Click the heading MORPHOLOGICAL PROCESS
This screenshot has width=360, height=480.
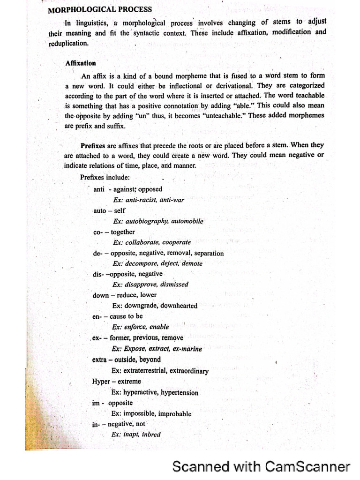(100, 9)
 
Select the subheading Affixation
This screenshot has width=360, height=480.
(81, 63)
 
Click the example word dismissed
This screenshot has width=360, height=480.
(174, 284)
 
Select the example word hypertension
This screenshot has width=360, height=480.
(180, 393)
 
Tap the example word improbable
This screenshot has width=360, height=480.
(175, 414)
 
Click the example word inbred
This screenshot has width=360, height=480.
(151, 435)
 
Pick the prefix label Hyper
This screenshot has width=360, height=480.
(101, 381)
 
